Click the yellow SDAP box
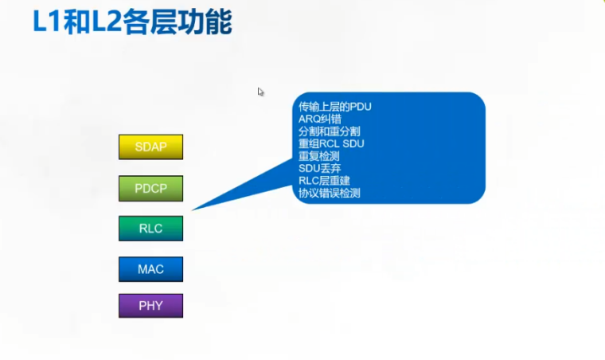point(150,147)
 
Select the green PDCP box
point(150,189)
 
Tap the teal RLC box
point(150,229)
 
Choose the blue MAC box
point(150,269)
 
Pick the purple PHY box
point(150,306)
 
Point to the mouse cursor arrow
point(260,92)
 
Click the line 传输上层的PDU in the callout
point(335,107)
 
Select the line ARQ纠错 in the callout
point(319,119)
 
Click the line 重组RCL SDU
point(330,143)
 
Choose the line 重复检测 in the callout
point(319,156)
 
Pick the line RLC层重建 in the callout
point(325,181)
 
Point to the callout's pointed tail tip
point(193,209)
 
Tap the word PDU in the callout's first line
point(360,107)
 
